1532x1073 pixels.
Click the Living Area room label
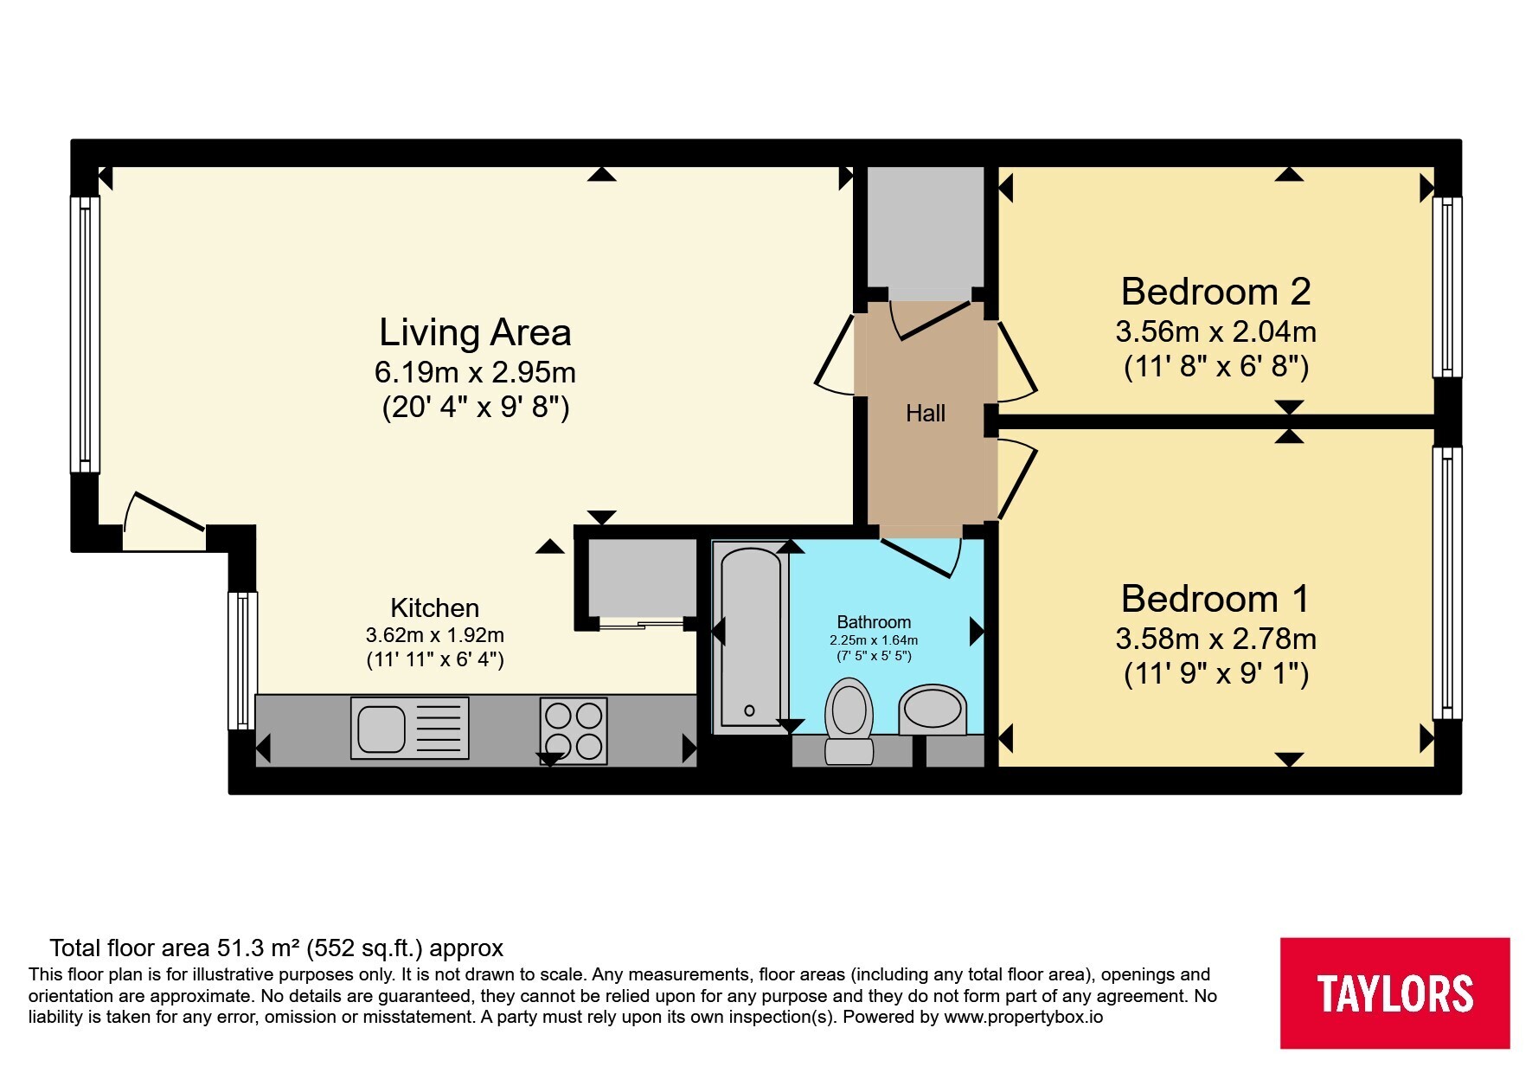tap(475, 332)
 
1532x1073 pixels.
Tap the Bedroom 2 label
tap(1215, 292)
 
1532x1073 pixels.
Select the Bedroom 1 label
tap(1215, 599)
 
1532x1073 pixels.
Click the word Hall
tap(925, 414)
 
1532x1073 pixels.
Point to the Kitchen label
tap(434, 607)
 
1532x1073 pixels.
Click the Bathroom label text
tap(874, 622)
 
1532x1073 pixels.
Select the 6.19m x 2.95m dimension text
tap(475, 372)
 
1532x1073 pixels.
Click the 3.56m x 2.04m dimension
tap(1215, 331)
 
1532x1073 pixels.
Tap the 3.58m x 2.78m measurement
tap(1215, 639)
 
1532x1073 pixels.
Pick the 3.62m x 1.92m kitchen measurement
tap(434, 635)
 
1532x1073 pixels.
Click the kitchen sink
tap(409, 728)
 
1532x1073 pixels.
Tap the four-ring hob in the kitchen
tap(573, 729)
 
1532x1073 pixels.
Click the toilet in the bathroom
tap(849, 721)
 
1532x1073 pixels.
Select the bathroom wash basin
tap(932, 710)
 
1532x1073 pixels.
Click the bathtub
tap(750, 638)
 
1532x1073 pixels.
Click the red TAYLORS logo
tap(1394, 993)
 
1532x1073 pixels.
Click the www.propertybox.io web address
tap(1023, 1017)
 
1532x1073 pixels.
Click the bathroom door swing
tap(923, 557)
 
